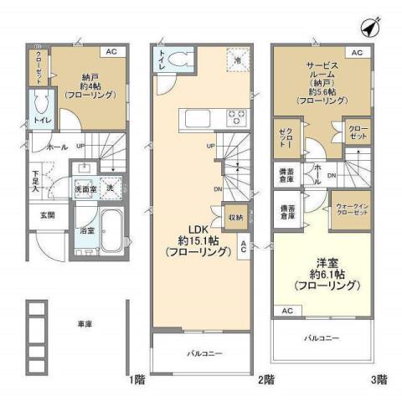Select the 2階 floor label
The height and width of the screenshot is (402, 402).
pos(266,379)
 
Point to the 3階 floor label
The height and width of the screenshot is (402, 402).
pos(379,379)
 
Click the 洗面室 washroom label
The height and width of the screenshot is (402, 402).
pos(85,189)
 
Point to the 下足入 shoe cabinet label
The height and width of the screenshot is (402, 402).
pos(37,181)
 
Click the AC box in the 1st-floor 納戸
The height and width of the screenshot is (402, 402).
pos(111,52)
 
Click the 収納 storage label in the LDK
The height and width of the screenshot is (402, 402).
pos(236,218)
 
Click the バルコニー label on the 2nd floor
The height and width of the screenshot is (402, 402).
pos(202,354)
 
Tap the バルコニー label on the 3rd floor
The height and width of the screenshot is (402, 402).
pos(322,338)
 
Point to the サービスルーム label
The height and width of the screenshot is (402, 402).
pos(321,82)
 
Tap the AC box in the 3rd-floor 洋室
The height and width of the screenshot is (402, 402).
pos(286,311)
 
